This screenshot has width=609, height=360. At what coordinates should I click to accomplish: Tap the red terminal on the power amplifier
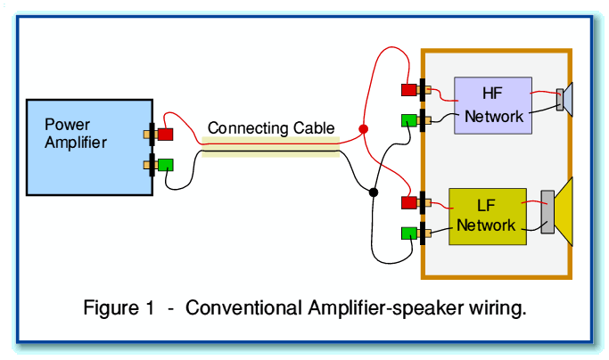(x=165, y=135)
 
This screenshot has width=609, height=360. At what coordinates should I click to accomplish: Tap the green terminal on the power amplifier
(x=165, y=165)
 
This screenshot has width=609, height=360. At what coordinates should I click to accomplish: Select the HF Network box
(x=493, y=105)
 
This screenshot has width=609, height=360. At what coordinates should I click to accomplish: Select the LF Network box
(x=488, y=217)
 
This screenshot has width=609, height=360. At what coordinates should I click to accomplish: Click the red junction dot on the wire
(x=363, y=129)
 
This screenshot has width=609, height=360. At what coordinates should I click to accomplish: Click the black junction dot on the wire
(x=373, y=192)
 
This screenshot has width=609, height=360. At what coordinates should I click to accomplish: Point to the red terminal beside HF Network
(x=409, y=89)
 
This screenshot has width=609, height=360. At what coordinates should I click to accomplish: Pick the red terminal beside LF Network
(x=409, y=202)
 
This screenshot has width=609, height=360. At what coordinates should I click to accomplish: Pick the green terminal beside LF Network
(x=409, y=233)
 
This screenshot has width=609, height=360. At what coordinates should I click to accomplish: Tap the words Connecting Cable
(x=259, y=128)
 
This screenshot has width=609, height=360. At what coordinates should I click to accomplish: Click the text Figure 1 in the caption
(x=117, y=309)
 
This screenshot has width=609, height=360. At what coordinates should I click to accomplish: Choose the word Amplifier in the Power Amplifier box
(x=76, y=143)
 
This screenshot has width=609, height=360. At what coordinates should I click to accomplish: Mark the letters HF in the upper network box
(x=492, y=93)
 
